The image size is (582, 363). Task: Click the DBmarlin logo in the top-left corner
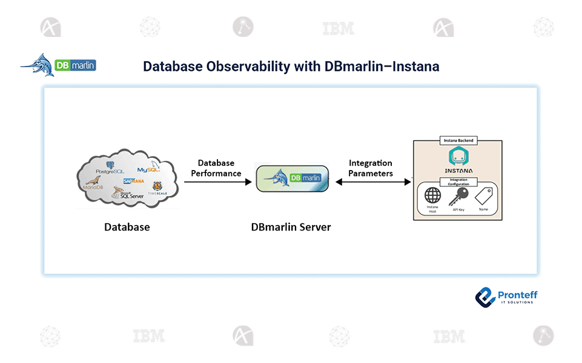(x=59, y=65)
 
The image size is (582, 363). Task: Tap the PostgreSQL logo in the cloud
(x=110, y=169)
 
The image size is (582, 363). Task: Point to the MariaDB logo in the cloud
(x=94, y=184)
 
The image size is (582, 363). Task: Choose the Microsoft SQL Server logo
(x=127, y=194)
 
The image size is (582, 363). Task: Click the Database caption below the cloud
(x=127, y=227)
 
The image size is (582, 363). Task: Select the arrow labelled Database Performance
(x=217, y=181)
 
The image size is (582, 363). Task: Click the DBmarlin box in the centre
(x=292, y=178)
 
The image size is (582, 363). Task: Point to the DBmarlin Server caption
(x=291, y=227)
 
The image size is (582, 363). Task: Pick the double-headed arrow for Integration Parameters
(x=373, y=181)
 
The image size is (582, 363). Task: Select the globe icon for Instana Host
(x=432, y=196)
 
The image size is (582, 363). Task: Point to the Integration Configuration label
(x=458, y=181)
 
